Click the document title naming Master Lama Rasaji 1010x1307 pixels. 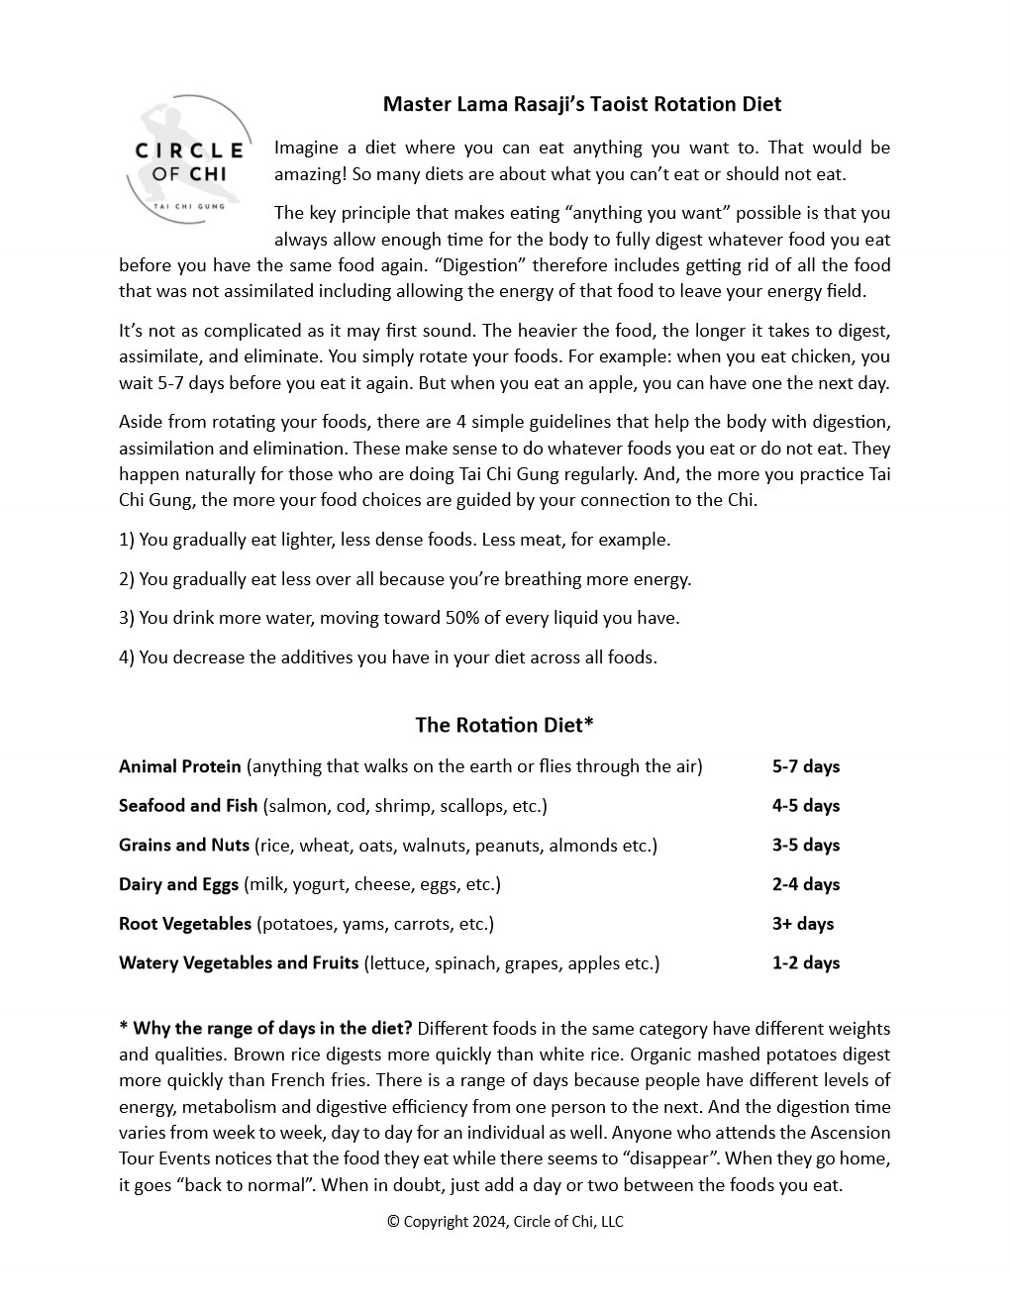pyautogui.click(x=582, y=104)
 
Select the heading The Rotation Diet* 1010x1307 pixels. pyautogui.click(x=504, y=725)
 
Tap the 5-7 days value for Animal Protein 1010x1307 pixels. pyautogui.click(x=805, y=766)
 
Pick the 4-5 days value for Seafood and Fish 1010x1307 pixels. pyautogui.click(x=805, y=806)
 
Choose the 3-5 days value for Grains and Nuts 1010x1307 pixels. pyautogui.click(x=805, y=845)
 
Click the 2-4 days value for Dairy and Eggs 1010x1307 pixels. pyautogui.click(x=805, y=884)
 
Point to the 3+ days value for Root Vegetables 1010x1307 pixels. pyautogui.click(x=802, y=924)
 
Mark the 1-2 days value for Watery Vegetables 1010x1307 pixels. pyautogui.click(x=805, y=962)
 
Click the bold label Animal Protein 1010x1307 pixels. pyautogui.click(x=179, y=766)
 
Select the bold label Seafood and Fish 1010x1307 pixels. pyautogui.click(x=188, y=806)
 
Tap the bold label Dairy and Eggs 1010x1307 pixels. pyautogui.click(x=178, y=884)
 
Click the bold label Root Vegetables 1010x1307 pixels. pyautogui.click(x=185, y=924)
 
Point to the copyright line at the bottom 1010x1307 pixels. pyautogui.click(x=505, y=1221)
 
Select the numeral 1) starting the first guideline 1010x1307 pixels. pyautogui.click(x=126, y=540)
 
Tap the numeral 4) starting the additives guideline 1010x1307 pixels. pyautogui.click(x=126, y=657)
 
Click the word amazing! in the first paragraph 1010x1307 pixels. pyautogui.click(x=309, y=174)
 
